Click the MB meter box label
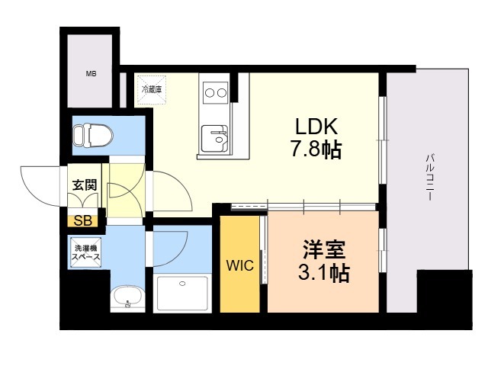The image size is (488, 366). pos(91,74)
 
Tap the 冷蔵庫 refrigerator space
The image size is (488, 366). pos(152,90)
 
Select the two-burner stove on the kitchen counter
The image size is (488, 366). pos(215,92)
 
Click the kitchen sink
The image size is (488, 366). pos(214,139)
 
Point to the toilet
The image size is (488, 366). pos(93,136)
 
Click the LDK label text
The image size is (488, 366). pos(316,127)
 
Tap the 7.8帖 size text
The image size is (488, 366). pos(316,149)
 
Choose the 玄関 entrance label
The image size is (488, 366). pos(85,185)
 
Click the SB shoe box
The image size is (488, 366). pos(83,220)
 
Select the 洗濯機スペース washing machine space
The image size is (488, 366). pos(86,252)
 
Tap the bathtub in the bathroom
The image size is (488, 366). pos(182,293)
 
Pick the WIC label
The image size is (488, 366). pos(240,265)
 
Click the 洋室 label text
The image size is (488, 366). pos(324,250)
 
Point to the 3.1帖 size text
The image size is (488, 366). pos(323,273)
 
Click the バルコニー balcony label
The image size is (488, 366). pos(430,177)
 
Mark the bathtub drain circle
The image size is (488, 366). pos(182,284)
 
